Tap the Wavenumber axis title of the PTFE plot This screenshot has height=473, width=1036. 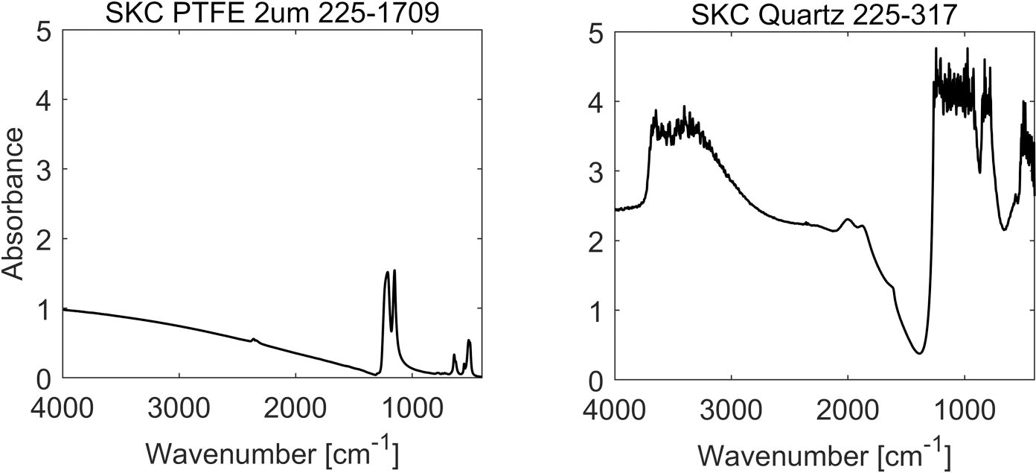(x=272, y=453)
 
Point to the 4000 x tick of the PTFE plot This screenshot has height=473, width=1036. (x=63, y=410)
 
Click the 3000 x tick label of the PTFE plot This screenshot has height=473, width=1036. (x=179, y=410)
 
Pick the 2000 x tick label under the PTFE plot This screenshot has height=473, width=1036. (x=295, y=410)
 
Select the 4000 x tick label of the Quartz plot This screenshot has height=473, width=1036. (x=615, y=410)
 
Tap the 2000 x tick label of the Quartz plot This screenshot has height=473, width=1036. (x=848, y=410)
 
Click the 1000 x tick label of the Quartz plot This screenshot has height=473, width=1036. (x=965, y=410)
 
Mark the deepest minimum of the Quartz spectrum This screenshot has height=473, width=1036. (x=920, y=352)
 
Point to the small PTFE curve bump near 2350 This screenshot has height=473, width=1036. (x=254, y=340)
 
